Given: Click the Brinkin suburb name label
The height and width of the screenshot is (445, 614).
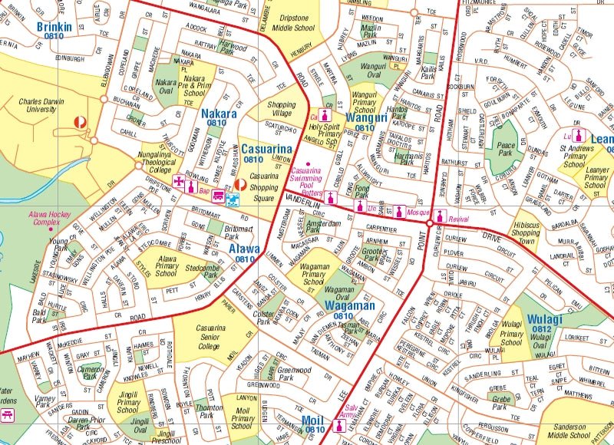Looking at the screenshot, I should click(x=54, y=27).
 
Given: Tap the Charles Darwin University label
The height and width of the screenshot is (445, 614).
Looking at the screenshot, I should click(x=48, y=105).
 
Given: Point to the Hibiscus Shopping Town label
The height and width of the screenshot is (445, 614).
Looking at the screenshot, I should click(x=526, y=233).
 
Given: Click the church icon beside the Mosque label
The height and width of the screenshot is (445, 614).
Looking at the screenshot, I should click(x=399, y=210).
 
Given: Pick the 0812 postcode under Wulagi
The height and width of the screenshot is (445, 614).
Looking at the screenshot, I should click(x=543, y=329).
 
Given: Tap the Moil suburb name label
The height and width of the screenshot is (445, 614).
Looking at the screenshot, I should click(x=313, y=420).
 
